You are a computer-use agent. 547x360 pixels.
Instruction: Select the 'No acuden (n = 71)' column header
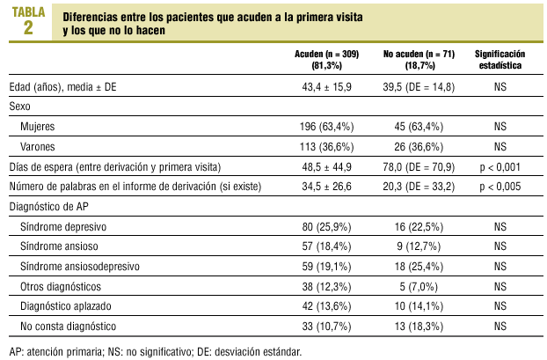(x=418, y=54)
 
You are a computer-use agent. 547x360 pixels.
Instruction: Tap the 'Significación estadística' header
(x=500, y=59)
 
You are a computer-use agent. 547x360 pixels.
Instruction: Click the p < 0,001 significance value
(x=500, y=167)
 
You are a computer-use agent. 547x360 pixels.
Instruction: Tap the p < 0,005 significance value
(x=500, y=187)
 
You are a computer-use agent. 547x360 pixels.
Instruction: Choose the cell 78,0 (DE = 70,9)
(x=418, y=167)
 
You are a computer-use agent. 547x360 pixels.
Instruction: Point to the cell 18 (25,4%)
(x=418, y=267)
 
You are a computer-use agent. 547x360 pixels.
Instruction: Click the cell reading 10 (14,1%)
(x=418, y=307)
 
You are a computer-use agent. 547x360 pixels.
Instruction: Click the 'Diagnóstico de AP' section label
(x=49, y=207)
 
